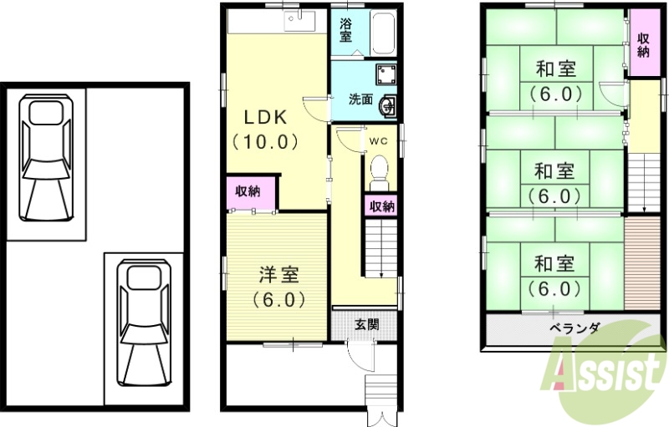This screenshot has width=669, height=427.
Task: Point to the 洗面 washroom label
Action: [360, 99]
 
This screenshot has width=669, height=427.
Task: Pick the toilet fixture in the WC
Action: [379, 168]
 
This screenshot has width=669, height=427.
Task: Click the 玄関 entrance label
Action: [365, 323]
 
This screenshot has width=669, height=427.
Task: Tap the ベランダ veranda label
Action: [575, 328]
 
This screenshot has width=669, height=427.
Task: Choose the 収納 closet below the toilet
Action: [382, 206]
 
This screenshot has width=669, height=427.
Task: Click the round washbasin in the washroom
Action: [388, 105]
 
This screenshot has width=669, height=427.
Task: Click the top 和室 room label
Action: [554, 69]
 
